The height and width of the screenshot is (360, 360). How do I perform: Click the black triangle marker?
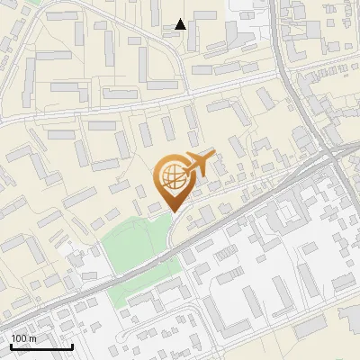(x=181, y=24)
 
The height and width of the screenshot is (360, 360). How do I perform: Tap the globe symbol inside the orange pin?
(x=173, y=176)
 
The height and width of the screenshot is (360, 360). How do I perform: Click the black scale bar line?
(x=41, y=346)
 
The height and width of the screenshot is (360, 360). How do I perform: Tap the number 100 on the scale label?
(x=19, y=338)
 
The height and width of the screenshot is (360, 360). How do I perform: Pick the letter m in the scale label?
(x=32, y=338)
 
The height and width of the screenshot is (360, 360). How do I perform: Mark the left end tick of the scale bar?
(x=11, y=345)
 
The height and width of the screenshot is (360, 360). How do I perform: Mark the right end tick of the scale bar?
(x=72, y=345)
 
